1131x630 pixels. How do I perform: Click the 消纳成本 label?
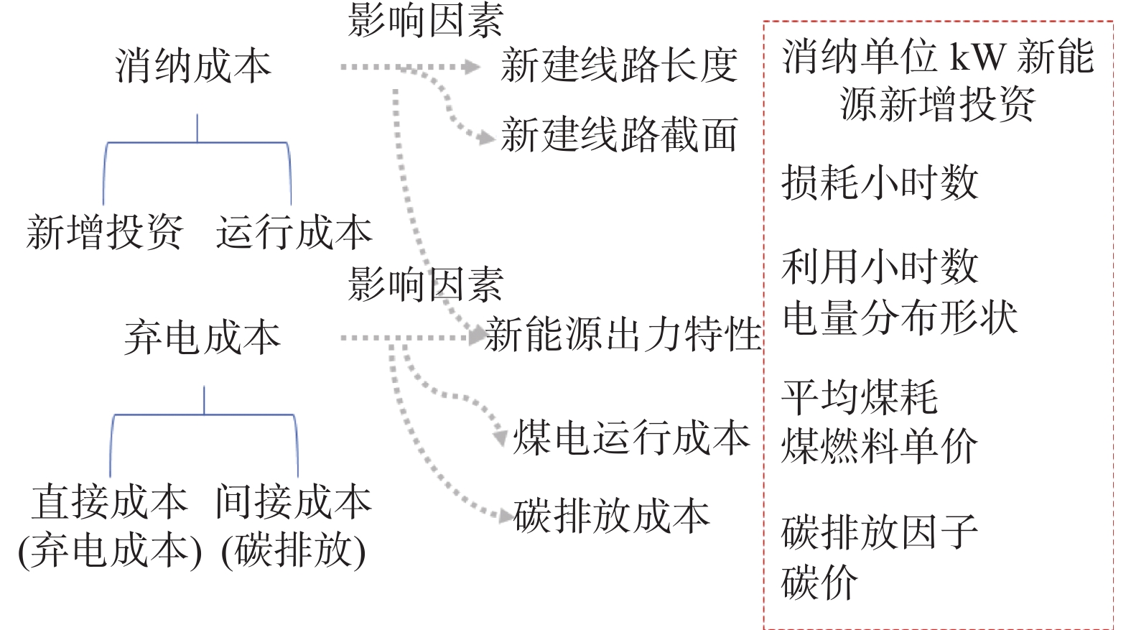[x=193, y=66]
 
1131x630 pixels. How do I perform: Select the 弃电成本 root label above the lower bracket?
[x=202, y=338]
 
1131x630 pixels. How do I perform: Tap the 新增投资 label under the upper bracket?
[x=105, y=232]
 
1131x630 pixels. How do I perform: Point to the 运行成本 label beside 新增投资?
[x=294, y=232]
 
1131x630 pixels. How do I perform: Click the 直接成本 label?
[x=110, y=501]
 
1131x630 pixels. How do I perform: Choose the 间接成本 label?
[x=294, y=501]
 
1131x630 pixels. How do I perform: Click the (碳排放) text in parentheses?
[x=294, y=551]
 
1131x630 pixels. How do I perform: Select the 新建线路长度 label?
[x=619, y=65]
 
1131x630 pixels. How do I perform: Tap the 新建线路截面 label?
[x=619, y=135]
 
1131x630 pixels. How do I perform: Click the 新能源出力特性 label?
[x=623, y=334]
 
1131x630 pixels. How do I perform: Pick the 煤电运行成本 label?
[x=631, y=437]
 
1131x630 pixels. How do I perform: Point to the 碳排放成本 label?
[x=611, y=516]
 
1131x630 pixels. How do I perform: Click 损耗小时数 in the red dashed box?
[x=880, y=182]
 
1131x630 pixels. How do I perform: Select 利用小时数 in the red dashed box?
[x=880, y=267]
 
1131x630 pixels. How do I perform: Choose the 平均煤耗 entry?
[x=860, y=397]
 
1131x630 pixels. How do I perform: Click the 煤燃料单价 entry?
[x=880, y=446]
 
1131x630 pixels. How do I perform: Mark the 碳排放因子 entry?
[x=880, y=532]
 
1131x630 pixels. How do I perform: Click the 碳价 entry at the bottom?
[x=820, y=582]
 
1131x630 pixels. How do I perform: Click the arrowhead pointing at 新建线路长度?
[x=473, y=67]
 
